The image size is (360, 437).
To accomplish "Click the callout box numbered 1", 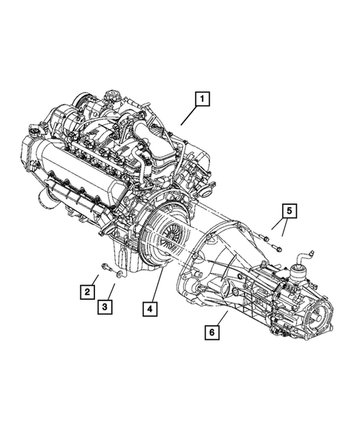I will coord(202,98).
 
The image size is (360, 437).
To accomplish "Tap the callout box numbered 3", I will coord(107,306).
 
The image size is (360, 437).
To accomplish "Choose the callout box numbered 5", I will coord(289,210).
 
